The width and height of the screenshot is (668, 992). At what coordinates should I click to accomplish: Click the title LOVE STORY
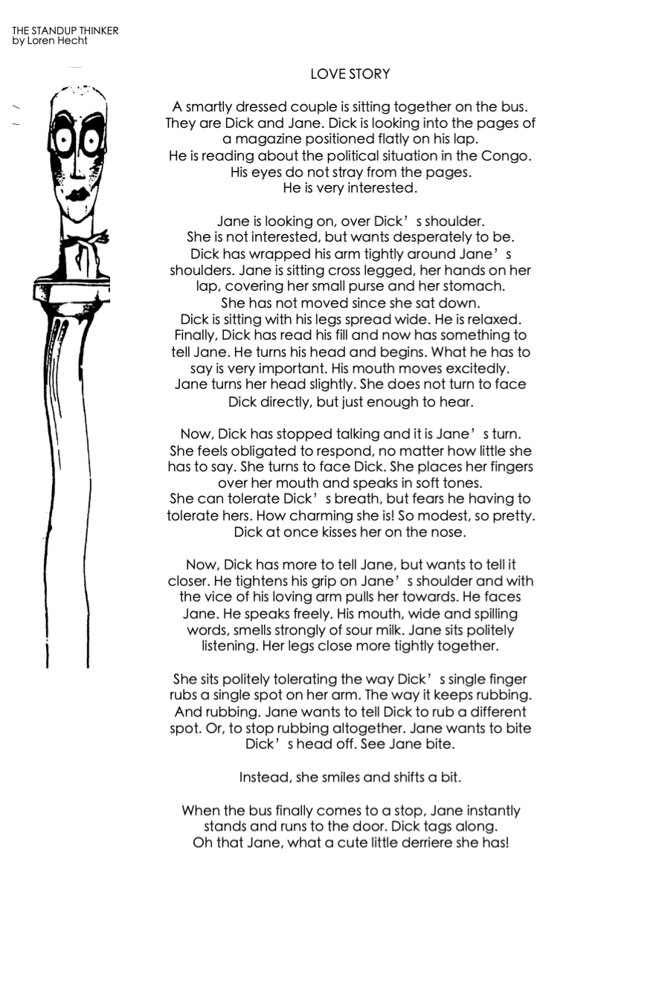tap(350, 74)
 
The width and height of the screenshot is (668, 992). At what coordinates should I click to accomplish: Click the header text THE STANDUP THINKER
tap(65, 31)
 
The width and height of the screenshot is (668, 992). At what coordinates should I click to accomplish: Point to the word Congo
tap(510, 156)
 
